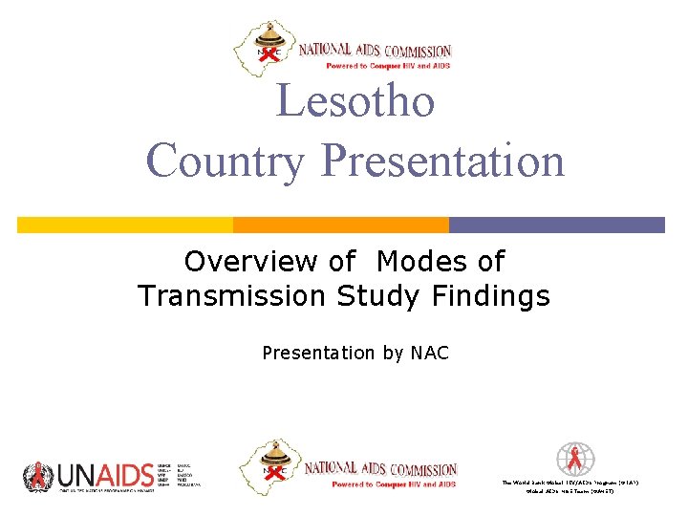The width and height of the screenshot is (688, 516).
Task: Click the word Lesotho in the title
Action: tap(355, 101)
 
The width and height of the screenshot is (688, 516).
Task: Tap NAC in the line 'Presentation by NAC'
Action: tap(429, 354)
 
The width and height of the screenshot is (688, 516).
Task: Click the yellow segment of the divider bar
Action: tap(125, 225)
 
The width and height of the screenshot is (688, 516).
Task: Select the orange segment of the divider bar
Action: tap(341, 225)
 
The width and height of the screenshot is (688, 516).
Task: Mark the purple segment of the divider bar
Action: tap(557, 225)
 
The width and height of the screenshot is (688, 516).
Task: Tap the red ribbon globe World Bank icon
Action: tap(575, 459)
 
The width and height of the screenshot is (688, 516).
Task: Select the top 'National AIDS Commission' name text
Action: tap(375, 51)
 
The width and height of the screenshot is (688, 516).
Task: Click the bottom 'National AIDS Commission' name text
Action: tap(379, 469)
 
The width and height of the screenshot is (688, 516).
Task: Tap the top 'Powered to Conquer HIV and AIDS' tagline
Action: tap(387, 66)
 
